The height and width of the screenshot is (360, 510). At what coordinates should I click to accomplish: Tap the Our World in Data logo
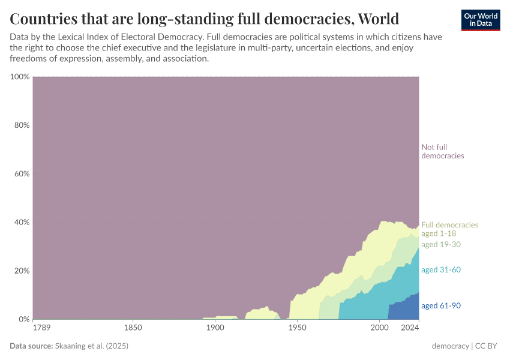[480, 20]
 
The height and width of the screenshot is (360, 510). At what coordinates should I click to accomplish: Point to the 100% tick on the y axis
[20, 77]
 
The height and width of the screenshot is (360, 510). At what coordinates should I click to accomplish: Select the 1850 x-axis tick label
[133, 328]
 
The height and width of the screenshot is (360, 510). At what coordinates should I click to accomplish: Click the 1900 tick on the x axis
[215, 328]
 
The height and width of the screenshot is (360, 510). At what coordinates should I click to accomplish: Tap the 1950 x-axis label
[297, 328]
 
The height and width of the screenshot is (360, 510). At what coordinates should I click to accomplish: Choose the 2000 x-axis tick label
[379, 328]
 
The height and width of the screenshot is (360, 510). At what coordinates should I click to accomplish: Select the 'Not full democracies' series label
[443, 151]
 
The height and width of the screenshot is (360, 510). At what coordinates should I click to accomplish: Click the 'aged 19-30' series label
[441, 244]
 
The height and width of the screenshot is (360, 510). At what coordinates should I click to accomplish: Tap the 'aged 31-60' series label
[441, 269]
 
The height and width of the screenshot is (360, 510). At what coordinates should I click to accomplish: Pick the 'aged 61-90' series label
[441, 305]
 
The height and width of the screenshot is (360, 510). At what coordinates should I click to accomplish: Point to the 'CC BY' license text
[487, 346]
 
